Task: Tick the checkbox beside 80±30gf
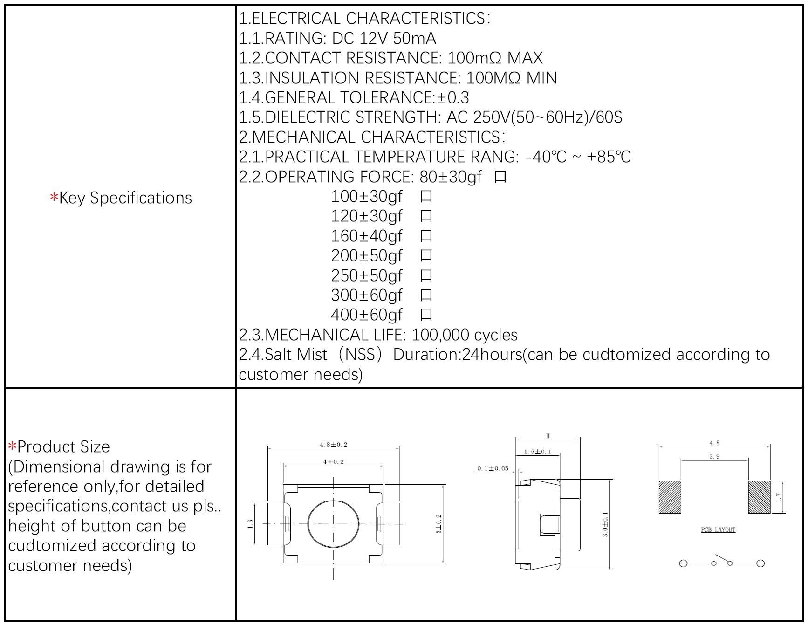pyautogui.click(x=500, y=177)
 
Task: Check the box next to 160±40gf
pyautogui.click(x=426, y=236)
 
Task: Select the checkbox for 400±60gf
pyautogui.click(x=426, y=315)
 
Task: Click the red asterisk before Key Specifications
pyautogui.click(x=54, y=198)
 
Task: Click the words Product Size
pyautogui.click(x=63, y=446)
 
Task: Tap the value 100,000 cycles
pyautogui.click(x=464, y=335)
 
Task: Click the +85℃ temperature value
pyautogui.click(x=608, y=157)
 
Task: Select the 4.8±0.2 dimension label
pyautogui.click(x=333, y=445)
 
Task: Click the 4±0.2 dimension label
pyautogui.click(x=333, y=462)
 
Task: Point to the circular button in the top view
pyautogui.click(x=333, y=524)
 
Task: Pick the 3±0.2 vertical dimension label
pyautogui.click(x=438, y=524)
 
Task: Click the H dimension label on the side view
pyautogui.click(x=548, y=436)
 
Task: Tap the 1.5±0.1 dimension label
pyautogui.click(x=537, y=452)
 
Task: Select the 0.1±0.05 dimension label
pyautogui.click(x=493, y=468)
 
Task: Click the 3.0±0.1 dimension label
pyautogui.click(x=605, y=524)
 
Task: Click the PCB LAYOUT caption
pyautogui.click(x=718, y=530)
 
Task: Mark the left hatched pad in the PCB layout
pyautogui.click(x=670, y=497)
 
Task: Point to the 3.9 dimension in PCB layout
pyautogui.click(x=714, y=456)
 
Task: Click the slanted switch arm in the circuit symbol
pyautogui.click(x=722, y=559)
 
